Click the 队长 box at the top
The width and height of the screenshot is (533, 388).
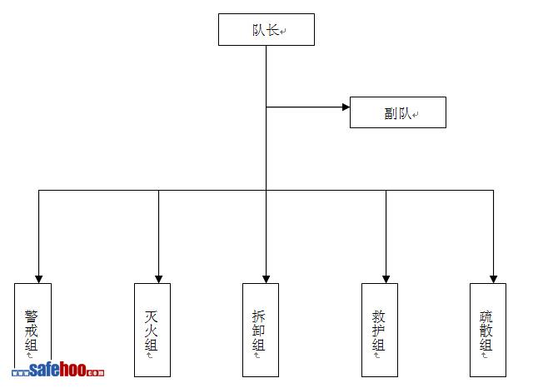(x=266, y=29)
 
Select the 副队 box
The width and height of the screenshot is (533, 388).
(x=397, y=112)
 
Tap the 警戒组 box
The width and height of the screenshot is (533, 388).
(x=32, y=330)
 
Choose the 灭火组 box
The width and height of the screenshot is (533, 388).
(x=152, y=330)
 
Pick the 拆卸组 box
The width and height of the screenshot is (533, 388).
(x=260, y=330)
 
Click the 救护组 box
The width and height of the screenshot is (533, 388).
(x=379, y=330)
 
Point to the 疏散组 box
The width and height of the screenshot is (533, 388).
(x=487, y=330)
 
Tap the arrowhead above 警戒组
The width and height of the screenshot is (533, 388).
(x=38, y=278)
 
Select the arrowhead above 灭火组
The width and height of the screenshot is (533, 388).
(x=158, y=278)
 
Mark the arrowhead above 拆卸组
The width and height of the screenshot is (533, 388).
(x=266, y=278)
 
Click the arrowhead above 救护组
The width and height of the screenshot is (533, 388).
(x=386, y=278)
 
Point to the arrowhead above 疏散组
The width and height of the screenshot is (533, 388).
(x=493, y=278)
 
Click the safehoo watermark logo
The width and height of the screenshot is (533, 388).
(x=58, y=371)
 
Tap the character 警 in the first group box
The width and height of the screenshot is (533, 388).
(x=32, y=316)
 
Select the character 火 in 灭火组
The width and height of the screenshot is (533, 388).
(x=151, y=331)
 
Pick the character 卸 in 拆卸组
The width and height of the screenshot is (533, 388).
(x=259, y=331)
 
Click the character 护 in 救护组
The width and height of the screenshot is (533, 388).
(x=378, y=331)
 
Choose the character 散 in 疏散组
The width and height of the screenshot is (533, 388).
(x=486, y=331)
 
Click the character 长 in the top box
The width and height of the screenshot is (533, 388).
(x=273, y=31)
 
